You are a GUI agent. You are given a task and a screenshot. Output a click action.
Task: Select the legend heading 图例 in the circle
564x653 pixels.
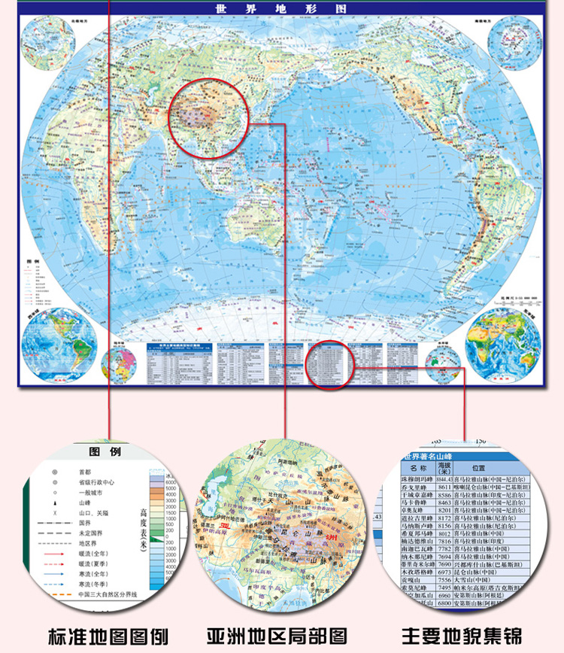(x=105, y=452)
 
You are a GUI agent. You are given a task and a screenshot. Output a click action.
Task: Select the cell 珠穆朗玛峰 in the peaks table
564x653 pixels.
(x=418, y=478)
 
